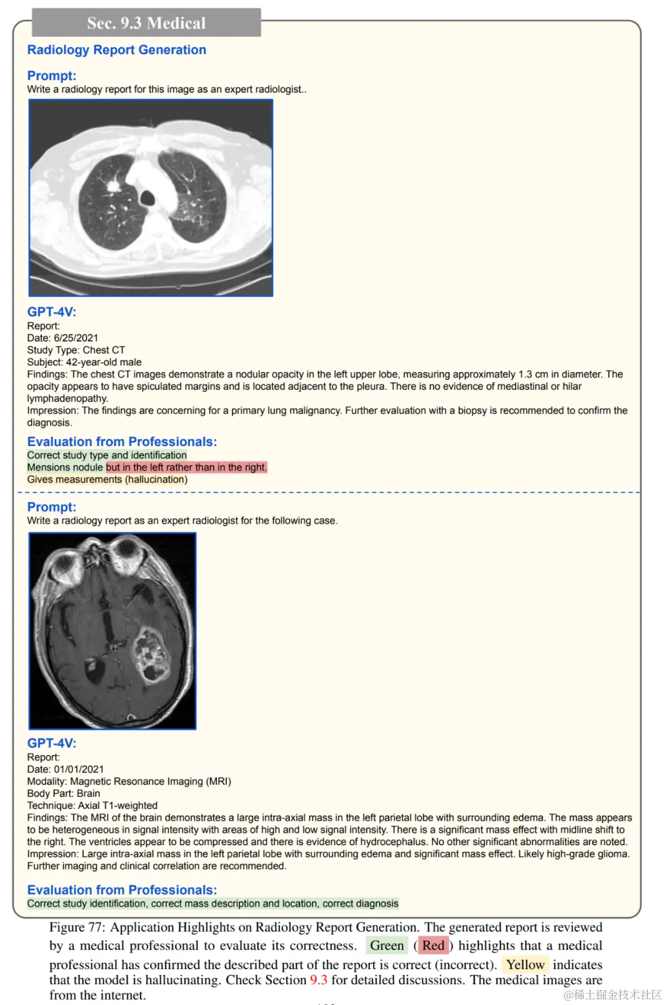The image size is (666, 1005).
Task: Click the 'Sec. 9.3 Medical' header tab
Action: pos(146,23)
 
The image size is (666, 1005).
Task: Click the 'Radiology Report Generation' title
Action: pos(117,50)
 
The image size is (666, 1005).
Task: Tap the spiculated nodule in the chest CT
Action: pos(113,184)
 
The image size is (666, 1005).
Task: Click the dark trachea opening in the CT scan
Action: pos(147,198)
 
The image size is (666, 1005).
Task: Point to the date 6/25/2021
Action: pos(76,338)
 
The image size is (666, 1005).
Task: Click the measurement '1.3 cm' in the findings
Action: pos(534,374)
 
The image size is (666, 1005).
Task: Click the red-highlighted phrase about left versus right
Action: pos(186,467)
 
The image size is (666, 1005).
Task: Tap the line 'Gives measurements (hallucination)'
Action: pos(107,479)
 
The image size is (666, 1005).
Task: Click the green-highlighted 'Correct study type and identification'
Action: pos(107,455)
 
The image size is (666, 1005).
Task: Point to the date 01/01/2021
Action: pos(79,769)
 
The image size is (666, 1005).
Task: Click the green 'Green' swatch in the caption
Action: pos(387,945)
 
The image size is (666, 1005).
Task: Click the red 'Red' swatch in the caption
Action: pos(433,945)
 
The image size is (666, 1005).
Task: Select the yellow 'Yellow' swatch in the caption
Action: pos(525,964)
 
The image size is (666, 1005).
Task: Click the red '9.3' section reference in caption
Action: pos(318,980)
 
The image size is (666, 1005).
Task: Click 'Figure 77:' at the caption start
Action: pos(77,927)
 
